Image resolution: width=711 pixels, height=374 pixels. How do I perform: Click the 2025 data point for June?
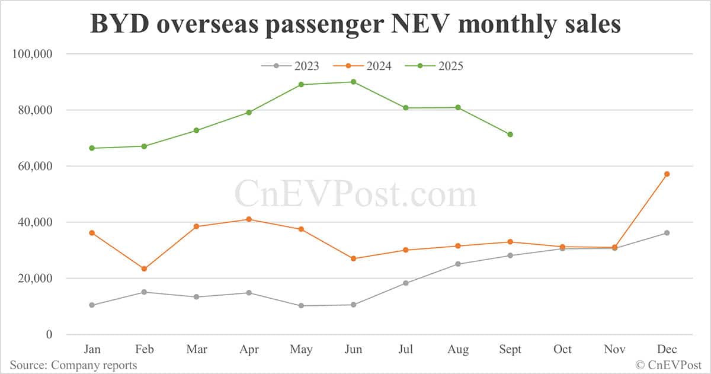tap(353, 82)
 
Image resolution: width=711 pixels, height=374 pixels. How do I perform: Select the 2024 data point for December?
tap(667, 174)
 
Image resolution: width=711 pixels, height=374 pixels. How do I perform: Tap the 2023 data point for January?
tap(92, 305)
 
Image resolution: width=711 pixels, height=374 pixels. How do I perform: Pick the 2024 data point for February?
tap(144, 268)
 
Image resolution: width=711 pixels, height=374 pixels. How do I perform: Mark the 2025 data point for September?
tap(510, 135)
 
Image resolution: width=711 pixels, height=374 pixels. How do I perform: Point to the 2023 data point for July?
tap(406, 283)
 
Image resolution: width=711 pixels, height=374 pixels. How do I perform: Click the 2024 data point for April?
tap(249, 219)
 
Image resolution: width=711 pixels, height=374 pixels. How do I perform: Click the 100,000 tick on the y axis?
tap(33, 54)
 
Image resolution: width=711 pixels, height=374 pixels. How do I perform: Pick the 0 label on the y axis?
tap(50, 335)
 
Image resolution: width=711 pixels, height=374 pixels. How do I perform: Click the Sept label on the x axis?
tap(510, 350)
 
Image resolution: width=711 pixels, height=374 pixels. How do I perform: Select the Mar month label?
tap(197, 350)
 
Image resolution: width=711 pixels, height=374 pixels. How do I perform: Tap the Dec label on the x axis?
tap(667, 350)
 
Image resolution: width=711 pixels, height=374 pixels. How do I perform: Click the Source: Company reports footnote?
tap(73, 365)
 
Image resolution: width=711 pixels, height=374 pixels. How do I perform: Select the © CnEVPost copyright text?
tap(668, 365)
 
